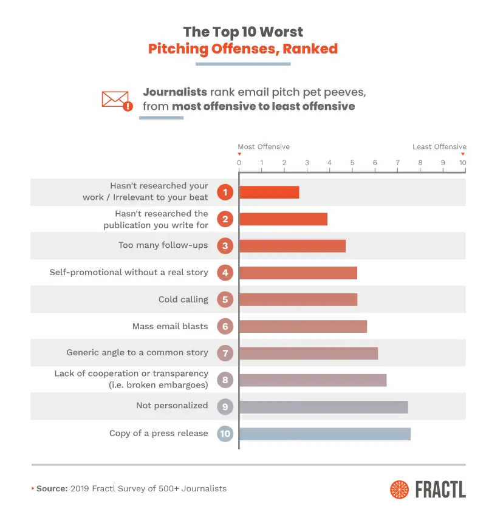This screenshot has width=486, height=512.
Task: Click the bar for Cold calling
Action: [298, 299]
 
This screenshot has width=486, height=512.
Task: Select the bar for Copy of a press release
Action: [324, 434]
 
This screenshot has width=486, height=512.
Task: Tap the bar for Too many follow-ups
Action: [292, 246]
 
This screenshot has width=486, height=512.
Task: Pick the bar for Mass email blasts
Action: [303, 326]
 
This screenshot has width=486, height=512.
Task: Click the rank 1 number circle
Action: [225, 193]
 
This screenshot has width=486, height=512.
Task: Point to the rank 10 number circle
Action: [225, 434]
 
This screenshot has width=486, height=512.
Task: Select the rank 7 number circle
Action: [225, 353]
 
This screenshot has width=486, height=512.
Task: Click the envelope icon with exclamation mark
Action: [117, 101]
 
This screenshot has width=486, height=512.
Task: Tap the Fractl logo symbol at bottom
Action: [400, 490]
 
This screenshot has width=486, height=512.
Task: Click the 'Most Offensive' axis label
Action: [264, 147]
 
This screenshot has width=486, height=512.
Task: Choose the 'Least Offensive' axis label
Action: [439, 147]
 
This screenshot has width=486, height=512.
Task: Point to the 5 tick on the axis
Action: [352, 163]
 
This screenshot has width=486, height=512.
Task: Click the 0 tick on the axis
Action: [239, 163]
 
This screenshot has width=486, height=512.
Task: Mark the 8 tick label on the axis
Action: [420, 163]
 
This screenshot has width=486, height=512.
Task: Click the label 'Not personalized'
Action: [172, 405]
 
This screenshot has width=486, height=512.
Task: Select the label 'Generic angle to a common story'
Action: [137, 352]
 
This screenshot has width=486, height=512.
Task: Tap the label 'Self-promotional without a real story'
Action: [129, 272]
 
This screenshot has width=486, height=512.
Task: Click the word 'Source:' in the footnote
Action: [52, 488]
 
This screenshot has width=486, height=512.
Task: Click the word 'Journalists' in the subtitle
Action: [175, 92]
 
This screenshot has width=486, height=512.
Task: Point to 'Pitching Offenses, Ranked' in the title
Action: [243, 49]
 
